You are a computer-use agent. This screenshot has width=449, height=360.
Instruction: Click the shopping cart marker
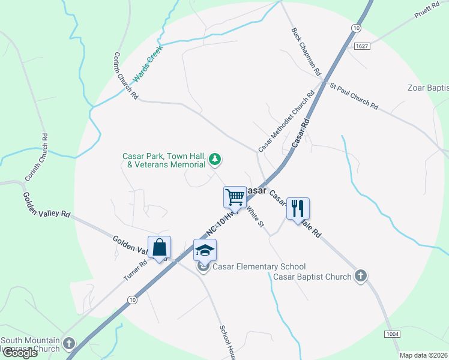[235, 197]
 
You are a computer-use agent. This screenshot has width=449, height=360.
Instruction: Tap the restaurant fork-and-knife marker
[298, 209]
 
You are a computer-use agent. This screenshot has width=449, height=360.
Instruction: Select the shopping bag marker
[159, 247]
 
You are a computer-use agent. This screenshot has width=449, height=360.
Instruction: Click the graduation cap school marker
[205, 250]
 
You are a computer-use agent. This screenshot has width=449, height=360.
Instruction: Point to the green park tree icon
[215, 160]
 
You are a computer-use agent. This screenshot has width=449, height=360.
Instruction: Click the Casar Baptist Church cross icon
[360, 276]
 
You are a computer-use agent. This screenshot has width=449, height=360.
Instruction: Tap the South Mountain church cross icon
[70, 344]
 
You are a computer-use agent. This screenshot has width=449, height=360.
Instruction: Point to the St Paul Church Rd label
[354, 96]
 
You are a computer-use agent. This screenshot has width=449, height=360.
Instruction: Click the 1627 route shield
[361, 46]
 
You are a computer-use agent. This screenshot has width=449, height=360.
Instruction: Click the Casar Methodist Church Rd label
[286, 122]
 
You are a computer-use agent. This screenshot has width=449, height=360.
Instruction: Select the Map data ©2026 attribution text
[423, 355]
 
